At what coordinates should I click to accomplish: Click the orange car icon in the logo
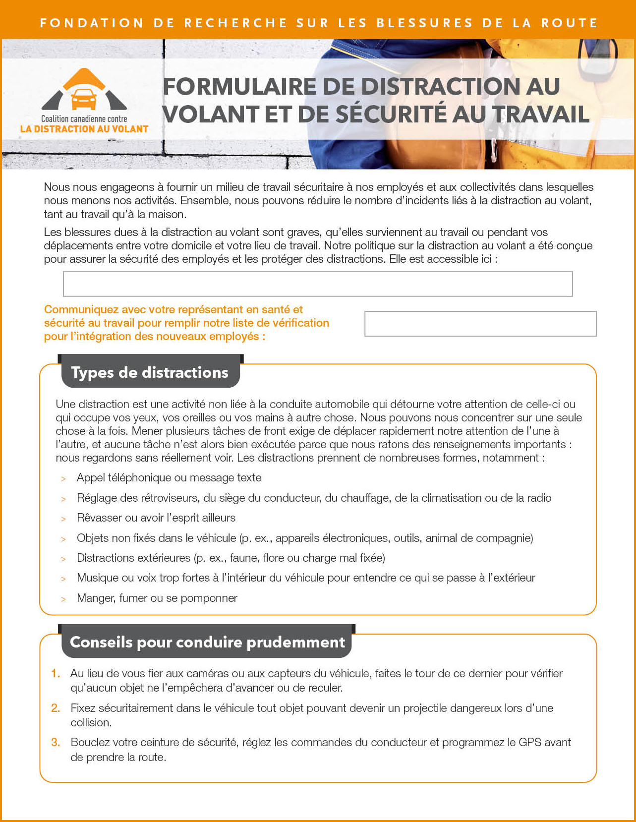click(x=84, y=99)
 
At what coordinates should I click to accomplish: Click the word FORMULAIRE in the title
click(x=239, y=87)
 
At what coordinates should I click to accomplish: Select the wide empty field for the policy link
click(x=317, y=284)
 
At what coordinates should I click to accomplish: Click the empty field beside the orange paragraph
click(x=480, y=324)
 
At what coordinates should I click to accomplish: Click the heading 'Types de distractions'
click(x=150, y=372)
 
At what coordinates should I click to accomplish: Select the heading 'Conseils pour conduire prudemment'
click(x=207, y=642)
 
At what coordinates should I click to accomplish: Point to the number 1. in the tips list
click(x=56, y=673)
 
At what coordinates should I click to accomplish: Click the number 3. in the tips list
click(x=56, y=742)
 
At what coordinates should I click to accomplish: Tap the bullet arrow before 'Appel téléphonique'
click(x=63, y=479)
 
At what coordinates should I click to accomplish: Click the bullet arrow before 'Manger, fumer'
click(x=63, y=599)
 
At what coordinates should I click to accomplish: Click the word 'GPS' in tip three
click(x=529, y=742)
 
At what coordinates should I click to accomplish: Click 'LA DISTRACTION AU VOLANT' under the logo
click(x=84, y=129)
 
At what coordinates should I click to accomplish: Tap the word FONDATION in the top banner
click(x=92, y=23)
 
